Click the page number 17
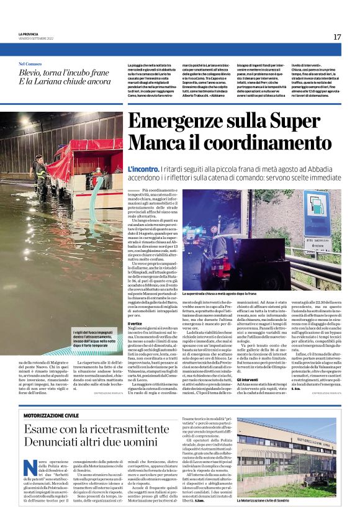point(337,37)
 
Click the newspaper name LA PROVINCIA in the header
point(28,34)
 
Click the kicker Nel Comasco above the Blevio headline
point(30,63)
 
